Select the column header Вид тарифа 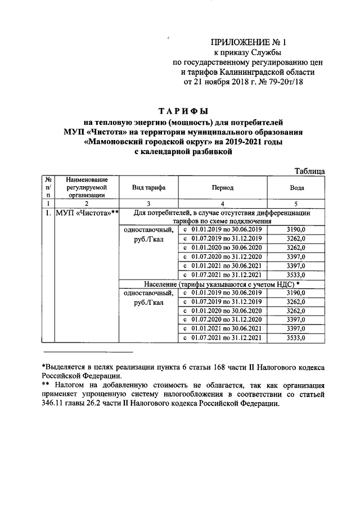tap(148, 187)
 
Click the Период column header tap(222, 187)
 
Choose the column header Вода tap(296, 187)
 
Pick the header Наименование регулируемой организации tap(86, 187)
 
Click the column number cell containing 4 tap(222, 203)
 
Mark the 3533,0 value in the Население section tap(296, 338)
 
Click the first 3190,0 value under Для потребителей tap(296, 229)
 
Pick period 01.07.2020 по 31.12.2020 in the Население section tap(223, 319)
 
